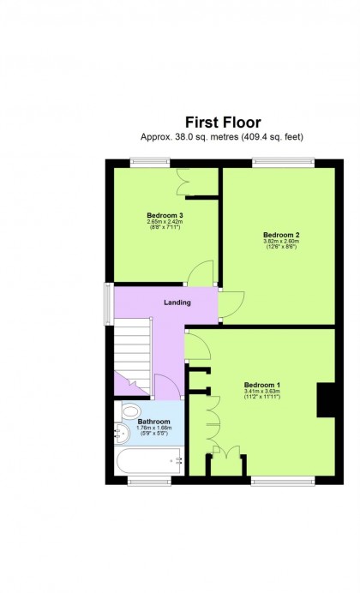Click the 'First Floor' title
coord(223,123)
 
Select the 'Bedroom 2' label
coord(279,235)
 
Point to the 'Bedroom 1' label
coord(261,385)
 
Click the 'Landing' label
coord(177,302)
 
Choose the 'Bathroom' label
coord(153,422)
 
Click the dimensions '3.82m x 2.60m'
coord(279,242)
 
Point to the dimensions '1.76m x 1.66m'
coord(153,428)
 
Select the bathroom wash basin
coord(119,433)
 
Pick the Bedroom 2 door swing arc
coord(230,306)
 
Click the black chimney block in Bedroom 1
coord(326,400)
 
